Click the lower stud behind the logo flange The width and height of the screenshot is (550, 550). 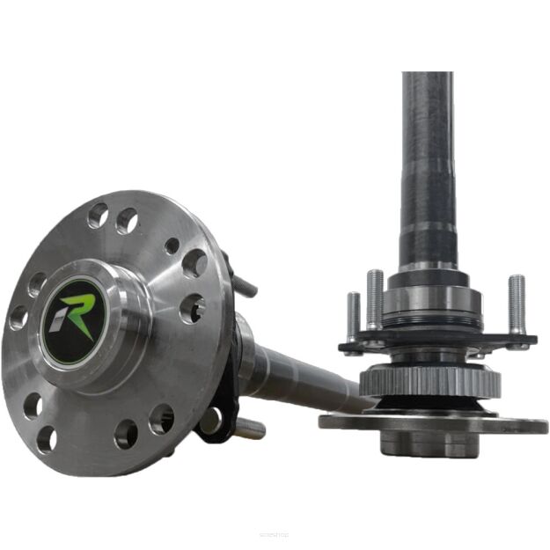[249, 429]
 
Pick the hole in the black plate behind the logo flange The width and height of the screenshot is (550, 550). [211, 423]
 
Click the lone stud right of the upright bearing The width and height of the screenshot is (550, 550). [517, 304]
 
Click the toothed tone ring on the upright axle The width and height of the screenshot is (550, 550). [430, 383]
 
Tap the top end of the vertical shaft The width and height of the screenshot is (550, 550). [428, 79]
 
